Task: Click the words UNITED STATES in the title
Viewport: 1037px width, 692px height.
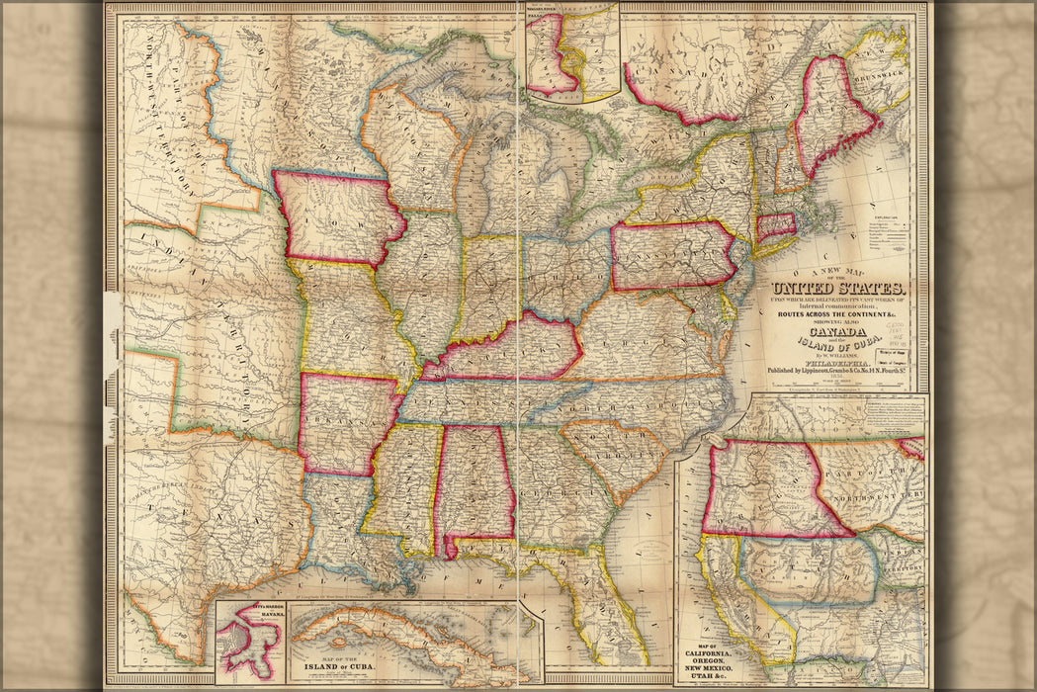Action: point(842,288)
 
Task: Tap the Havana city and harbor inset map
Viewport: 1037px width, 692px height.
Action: point(251,644)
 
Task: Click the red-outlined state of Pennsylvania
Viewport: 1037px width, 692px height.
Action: point(672,255)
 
